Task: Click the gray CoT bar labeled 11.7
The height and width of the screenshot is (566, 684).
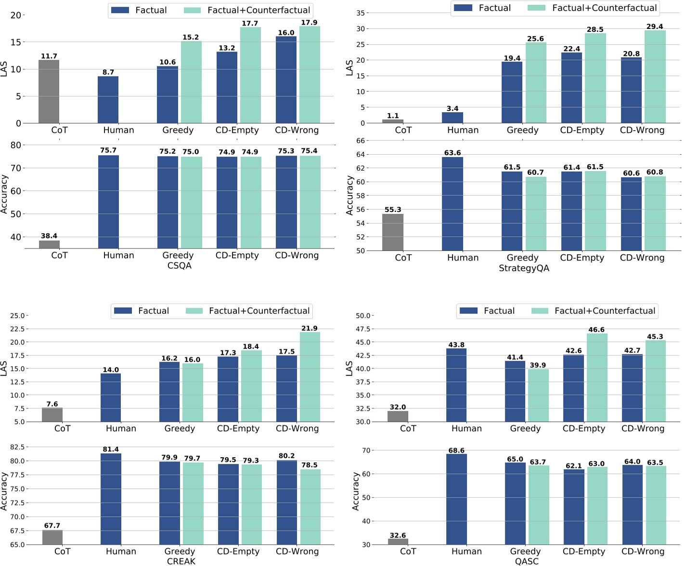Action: pos(49,92)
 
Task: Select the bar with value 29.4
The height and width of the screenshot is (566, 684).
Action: pos(655,77)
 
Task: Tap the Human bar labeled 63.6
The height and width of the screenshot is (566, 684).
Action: pos(452,204)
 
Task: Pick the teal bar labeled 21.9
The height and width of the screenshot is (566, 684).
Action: pos(310,377)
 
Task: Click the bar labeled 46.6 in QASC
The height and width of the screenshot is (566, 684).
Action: pos(597,378)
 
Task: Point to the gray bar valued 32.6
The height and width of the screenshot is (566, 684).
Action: pos(398,541)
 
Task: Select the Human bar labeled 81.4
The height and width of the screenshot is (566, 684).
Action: pos(111,499)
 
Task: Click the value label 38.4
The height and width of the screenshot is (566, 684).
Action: pos(49,236)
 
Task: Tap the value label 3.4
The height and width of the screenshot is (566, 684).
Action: pos(452,108)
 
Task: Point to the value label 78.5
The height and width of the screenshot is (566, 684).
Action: pos(310,465)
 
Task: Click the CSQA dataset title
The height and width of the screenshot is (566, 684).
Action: pos(179,265)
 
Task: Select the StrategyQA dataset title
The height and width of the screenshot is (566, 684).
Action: pos(524,268)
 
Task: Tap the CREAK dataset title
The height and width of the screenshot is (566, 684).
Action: pos(181,561)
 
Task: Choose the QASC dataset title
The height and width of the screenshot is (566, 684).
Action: pos(527,561)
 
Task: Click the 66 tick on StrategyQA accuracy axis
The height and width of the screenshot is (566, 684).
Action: pos(361,141)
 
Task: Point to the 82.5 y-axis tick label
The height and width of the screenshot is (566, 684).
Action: pos(17,447)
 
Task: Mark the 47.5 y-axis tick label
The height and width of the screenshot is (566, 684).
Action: pos(363,329)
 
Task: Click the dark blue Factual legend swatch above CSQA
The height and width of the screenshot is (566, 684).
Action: pos(120,10)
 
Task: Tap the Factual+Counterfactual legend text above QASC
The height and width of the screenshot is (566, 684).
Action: pos(605,311)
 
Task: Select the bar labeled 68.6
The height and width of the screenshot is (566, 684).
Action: pos(456,500)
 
